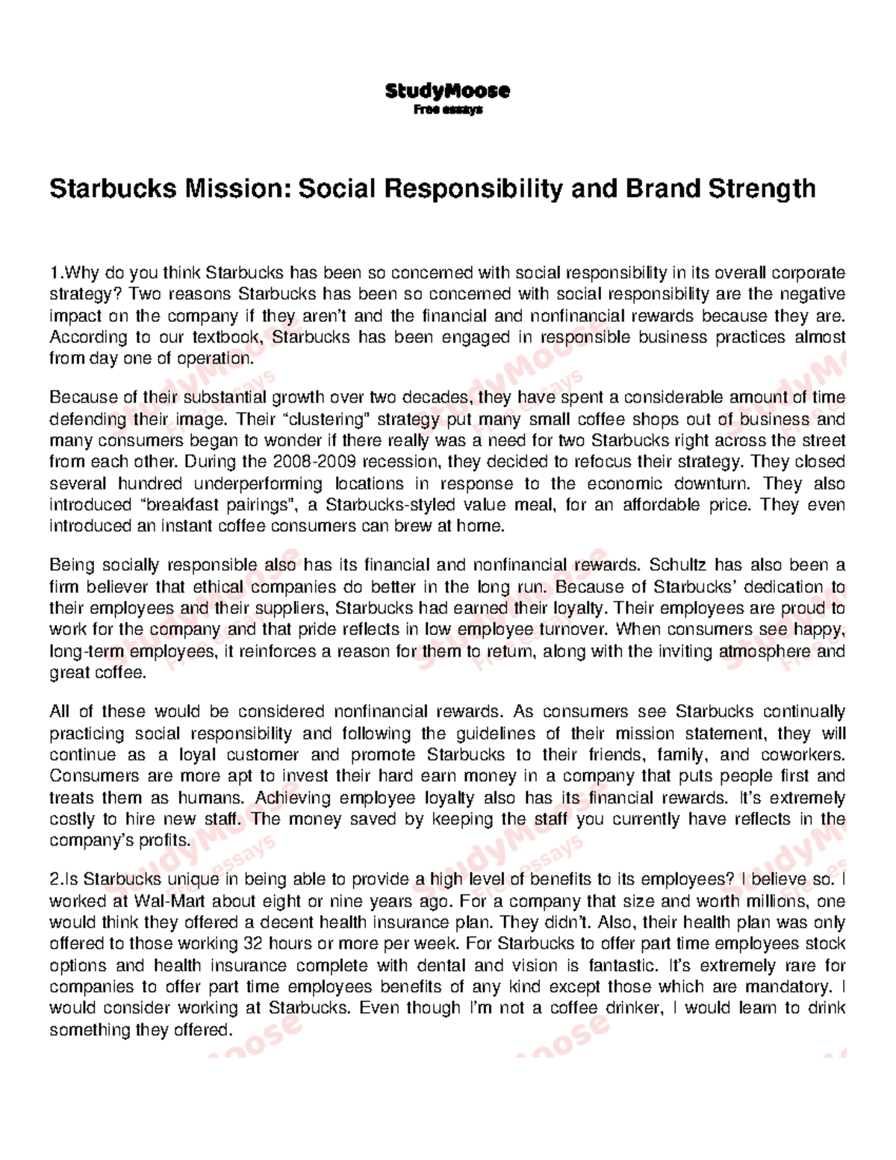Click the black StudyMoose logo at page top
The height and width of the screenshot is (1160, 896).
pos(447,91)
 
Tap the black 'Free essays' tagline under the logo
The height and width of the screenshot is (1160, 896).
pos(448,109)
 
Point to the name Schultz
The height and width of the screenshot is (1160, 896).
pos(676,565)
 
